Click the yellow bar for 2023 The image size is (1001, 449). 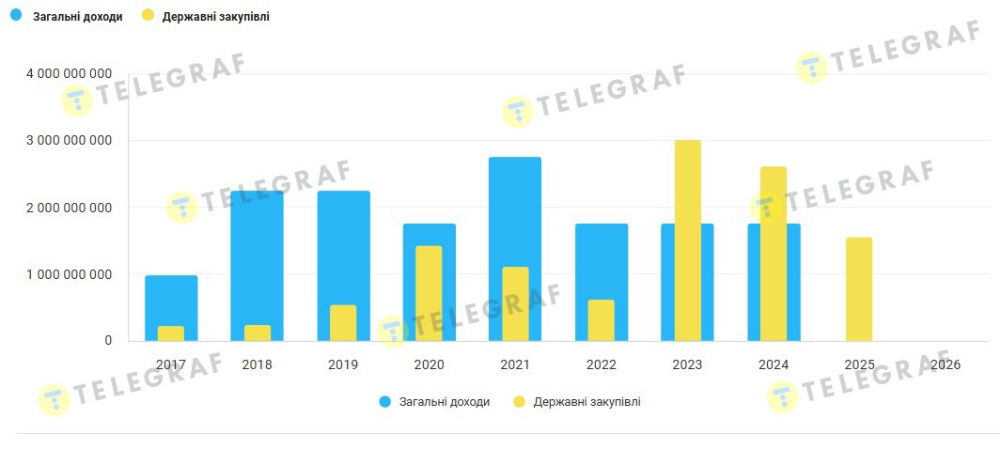coord(687,240)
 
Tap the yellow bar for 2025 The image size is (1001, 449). coord(859,288)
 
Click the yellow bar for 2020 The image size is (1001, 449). coord(429,293)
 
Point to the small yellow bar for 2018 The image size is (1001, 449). coord(257,333)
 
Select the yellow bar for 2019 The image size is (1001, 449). coord(343,322)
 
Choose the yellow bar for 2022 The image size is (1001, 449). coord(601,319)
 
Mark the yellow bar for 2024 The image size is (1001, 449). coord(774,254)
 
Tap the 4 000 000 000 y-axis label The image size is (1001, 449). coord(70,73)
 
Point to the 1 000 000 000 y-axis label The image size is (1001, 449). coord(70,274)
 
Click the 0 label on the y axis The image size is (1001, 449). coord(108,341)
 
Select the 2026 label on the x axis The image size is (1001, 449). coord(945,364)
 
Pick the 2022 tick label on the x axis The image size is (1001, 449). coord(601,364)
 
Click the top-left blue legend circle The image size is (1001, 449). coord(15,16)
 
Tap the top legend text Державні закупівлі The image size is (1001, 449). coord(215,16)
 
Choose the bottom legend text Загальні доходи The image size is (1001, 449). coord(444,402)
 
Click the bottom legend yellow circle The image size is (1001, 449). coord(519,402)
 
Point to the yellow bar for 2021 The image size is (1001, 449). coord(515,303)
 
